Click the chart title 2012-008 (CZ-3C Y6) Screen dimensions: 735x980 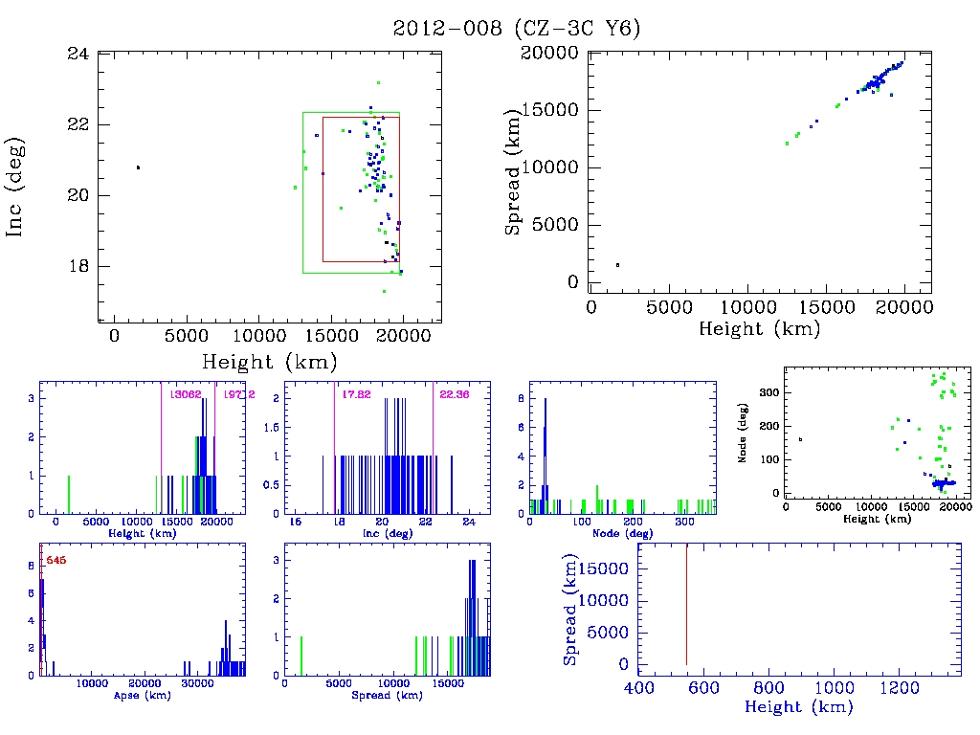517,29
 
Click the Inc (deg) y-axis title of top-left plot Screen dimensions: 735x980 16,188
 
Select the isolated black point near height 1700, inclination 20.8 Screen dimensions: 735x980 138,167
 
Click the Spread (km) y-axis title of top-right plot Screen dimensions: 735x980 514,167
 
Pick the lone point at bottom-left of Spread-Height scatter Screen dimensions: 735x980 617,264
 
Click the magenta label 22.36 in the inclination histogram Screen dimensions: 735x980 454,394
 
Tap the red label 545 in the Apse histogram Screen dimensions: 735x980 56,560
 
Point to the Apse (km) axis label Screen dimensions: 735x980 142,695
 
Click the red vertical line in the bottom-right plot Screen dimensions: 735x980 686,603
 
